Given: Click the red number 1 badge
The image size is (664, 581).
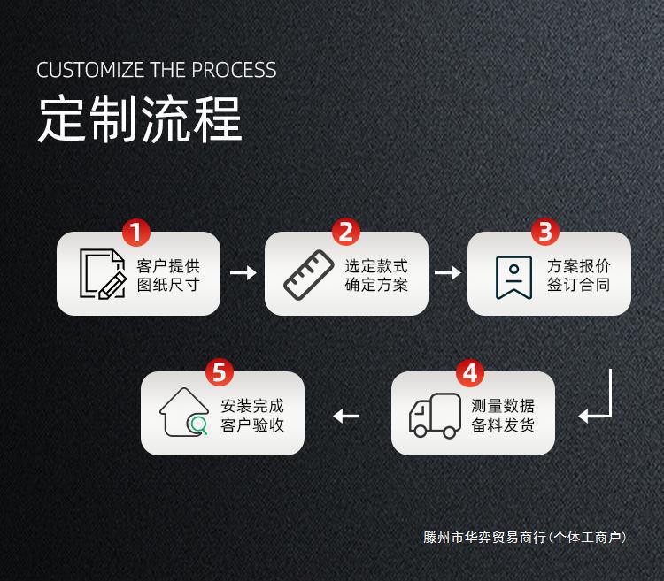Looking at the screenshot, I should [136, 233].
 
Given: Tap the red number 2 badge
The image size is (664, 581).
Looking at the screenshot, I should [345, 233].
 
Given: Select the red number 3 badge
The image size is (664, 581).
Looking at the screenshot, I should [545, 233].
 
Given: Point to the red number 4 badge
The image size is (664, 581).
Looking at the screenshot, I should [470, 372].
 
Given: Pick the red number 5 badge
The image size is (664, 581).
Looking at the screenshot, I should [220, 372].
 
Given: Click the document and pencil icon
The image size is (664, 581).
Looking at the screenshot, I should [103, 274].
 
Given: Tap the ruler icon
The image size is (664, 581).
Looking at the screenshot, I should [309, 274].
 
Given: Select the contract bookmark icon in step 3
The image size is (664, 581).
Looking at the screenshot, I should [513, 277].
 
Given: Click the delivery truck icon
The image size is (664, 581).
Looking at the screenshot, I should [435, 416].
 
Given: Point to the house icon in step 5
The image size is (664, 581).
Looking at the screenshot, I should [184, 413].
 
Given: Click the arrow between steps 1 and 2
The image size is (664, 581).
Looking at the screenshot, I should [243, 272].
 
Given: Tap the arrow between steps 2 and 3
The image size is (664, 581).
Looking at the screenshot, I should [448, 272].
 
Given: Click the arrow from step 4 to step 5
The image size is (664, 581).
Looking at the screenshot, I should [346, 416].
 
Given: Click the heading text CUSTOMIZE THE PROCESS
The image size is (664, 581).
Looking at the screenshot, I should [157, 70].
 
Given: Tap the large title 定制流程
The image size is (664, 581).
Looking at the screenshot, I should [140, 118].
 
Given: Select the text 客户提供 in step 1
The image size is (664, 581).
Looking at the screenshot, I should [168, 265].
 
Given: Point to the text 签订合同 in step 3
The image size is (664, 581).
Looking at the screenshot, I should [578, 285].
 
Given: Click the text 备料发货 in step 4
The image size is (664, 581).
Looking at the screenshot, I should [503, 424].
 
